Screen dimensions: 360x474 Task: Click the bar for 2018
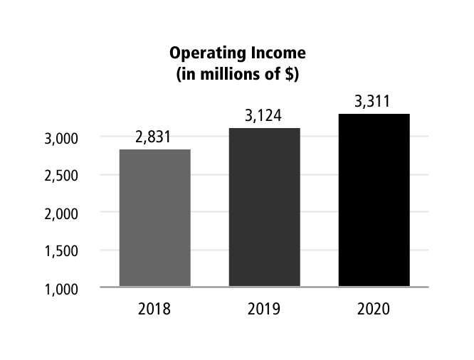point(154,218)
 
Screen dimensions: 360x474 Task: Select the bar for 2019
point(264,207)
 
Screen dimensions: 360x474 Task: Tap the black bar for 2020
point(374,200)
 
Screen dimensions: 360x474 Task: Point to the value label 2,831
point(154,138)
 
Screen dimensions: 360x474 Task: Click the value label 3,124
point(264,116)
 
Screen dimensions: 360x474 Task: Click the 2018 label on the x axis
point(154,310)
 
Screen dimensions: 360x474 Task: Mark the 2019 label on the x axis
point(264,310)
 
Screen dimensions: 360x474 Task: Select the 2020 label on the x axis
point(374,310)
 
